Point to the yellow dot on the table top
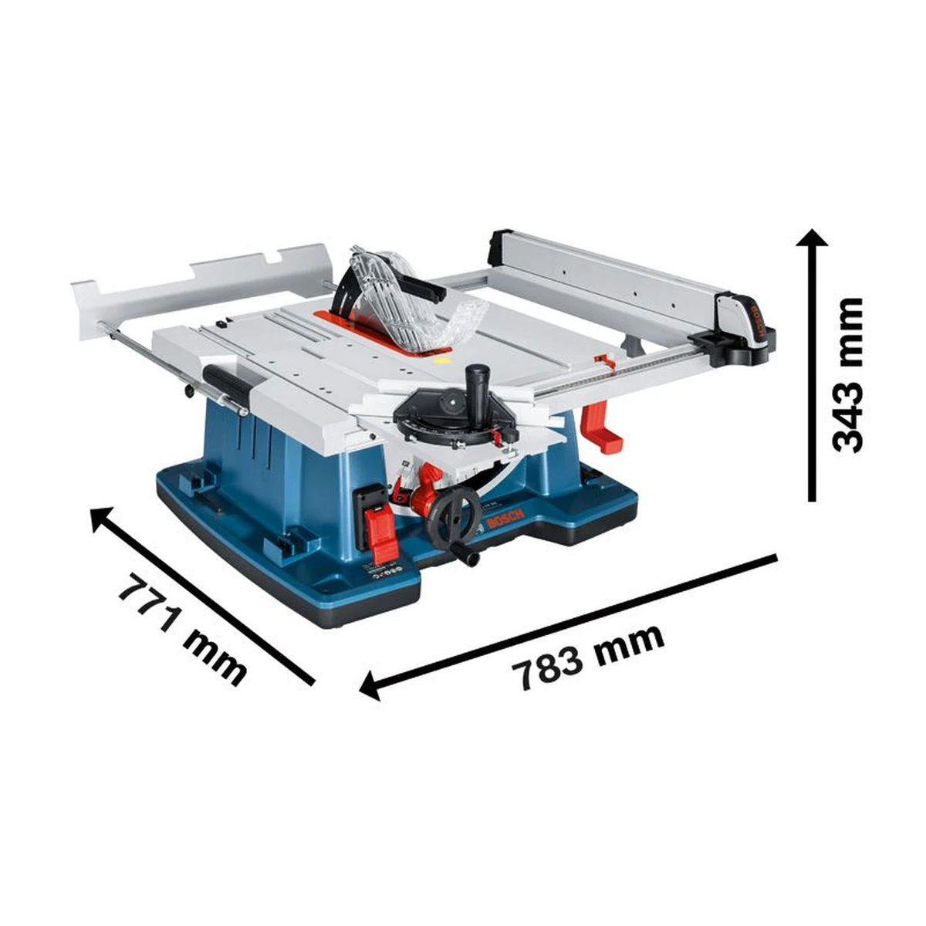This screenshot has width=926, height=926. pyautogui.click(x=442, y=358)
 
